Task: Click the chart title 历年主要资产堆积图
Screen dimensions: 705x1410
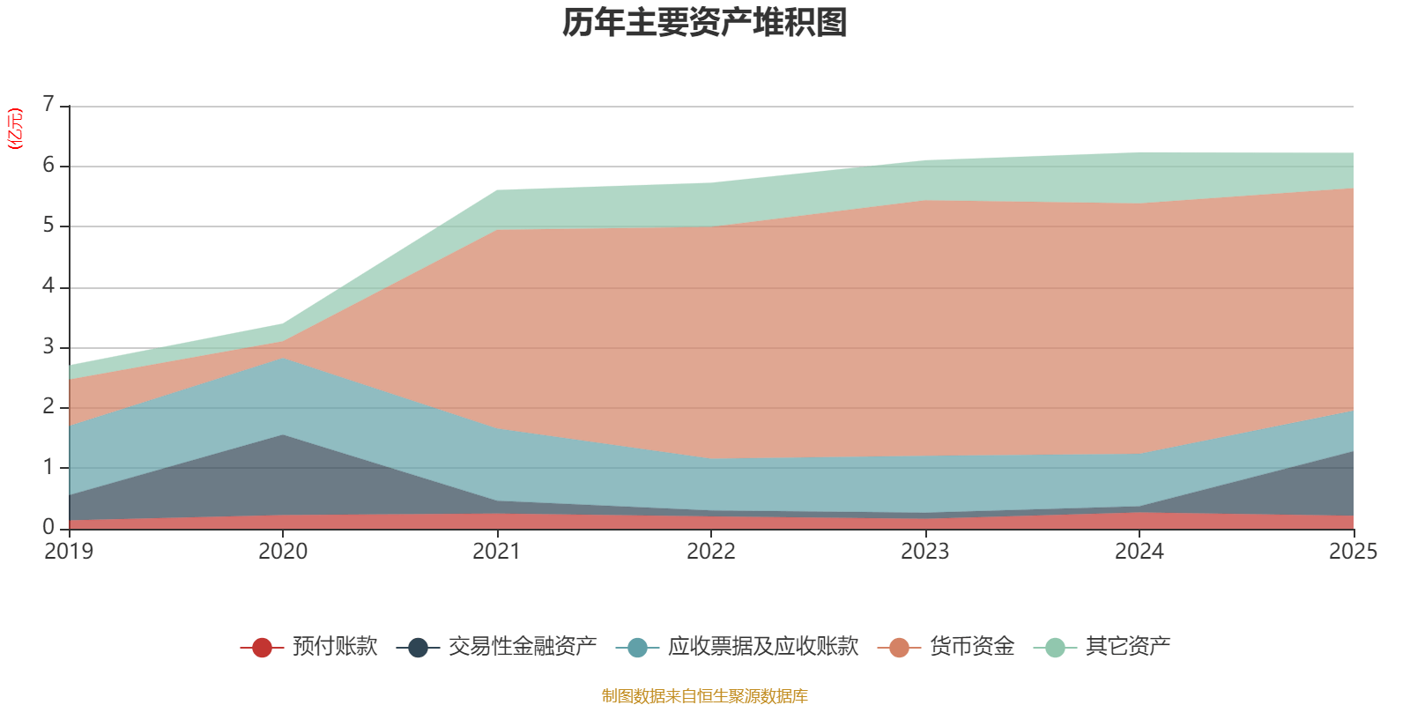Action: point(705,23)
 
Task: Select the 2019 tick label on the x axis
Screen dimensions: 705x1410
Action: point(69,552)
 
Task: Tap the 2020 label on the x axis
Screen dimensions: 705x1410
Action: point(283,552)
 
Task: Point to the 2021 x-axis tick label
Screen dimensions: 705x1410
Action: point(497,552)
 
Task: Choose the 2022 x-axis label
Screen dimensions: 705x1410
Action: point(711,552)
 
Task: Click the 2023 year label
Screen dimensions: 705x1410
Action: point(925,552)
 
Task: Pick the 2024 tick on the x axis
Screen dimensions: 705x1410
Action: point(1139,552)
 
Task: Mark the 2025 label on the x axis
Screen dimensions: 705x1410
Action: point(1353,552)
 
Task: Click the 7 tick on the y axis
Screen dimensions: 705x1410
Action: point(48,105)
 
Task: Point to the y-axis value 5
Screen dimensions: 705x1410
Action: point(48,226)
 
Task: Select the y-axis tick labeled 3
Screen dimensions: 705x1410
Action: point(48,346)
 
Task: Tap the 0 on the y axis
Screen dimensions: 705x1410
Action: point(48,527)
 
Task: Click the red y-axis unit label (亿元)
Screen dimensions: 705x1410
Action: point(15,129)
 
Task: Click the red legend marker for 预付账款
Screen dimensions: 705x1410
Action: point(261,648)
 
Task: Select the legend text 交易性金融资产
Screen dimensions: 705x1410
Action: point(523,647)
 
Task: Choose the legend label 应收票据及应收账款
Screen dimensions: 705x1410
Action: point(762,647)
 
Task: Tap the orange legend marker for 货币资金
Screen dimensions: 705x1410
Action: point(899,648)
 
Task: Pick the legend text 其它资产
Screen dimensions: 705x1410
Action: point(1128,647)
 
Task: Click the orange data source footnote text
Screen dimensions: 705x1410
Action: point(704,696)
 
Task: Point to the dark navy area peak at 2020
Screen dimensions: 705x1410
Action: point(283,441)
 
